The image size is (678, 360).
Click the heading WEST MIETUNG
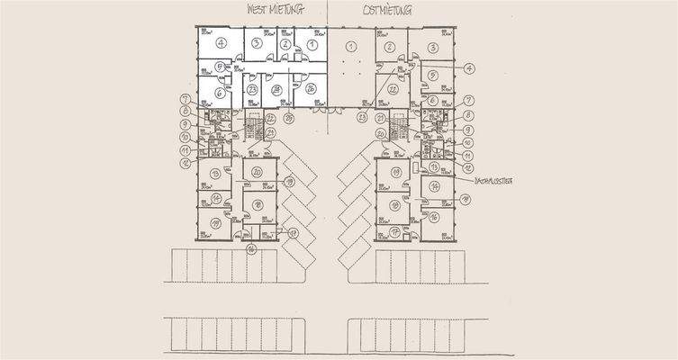275,11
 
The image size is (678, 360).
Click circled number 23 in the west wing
253,89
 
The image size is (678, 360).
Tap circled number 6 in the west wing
219,92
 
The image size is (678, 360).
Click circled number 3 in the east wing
433,47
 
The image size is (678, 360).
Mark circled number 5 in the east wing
433,75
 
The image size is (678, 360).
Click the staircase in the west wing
251,128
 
